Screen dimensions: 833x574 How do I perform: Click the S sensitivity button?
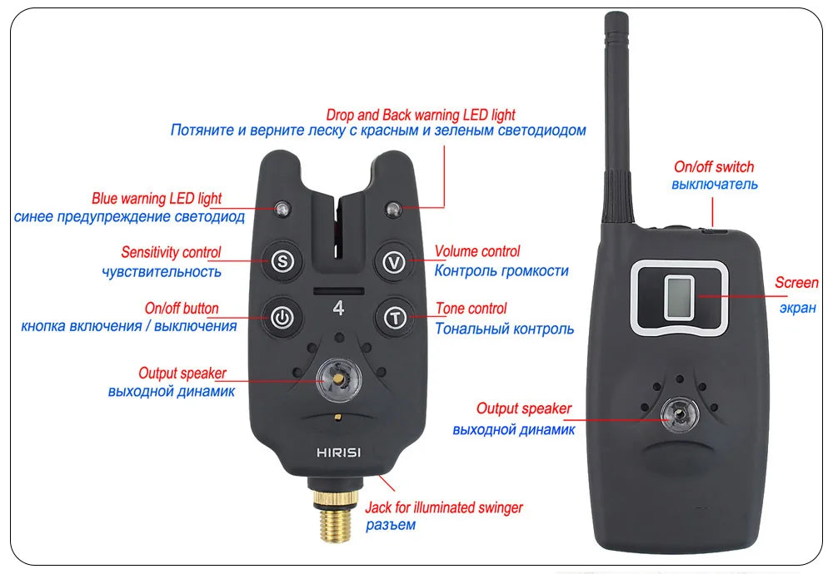tap(282, 261)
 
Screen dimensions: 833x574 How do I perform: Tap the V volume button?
tap(395, 261)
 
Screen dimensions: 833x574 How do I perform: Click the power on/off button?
tap(282, 318)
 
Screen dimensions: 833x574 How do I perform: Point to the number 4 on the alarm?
tap(338, 309)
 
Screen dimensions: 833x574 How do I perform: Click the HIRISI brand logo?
tap(338, 453)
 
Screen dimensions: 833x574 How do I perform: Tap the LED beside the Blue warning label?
tap(282, 209)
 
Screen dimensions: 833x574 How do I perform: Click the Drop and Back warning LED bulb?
tap(394, 209)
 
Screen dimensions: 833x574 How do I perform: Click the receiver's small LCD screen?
tap(679, 298)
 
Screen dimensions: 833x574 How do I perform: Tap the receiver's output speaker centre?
tap(680, 415)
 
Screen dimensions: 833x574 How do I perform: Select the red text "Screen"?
tap(796, 283)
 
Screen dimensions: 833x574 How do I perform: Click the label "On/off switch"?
tap(714, 167)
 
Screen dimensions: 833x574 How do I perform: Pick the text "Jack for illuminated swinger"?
tap(444, 507)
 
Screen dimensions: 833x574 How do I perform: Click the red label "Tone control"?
tap(471, 309)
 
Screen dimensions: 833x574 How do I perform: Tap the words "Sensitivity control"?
tap(171, 252)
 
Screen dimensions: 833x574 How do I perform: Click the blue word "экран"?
tap(797, 309)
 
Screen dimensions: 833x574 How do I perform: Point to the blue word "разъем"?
tap(391, 526)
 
